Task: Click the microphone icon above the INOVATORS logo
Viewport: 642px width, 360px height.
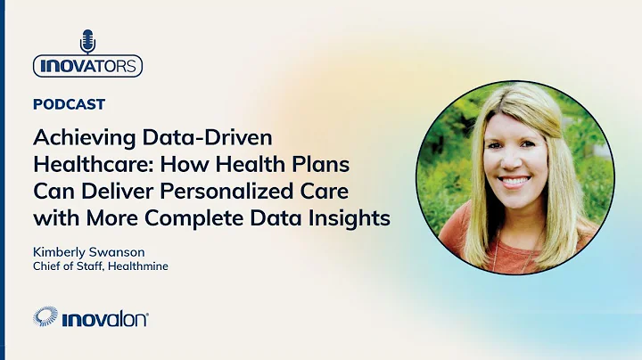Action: (x=87, y=41)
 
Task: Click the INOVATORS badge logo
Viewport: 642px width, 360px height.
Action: (x=87, y=66)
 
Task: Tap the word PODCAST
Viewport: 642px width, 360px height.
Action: (x=69, y=104)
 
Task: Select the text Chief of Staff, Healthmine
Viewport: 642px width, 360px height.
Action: (x=100, y=267)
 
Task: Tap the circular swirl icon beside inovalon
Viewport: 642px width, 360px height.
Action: (x=45, y=317)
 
